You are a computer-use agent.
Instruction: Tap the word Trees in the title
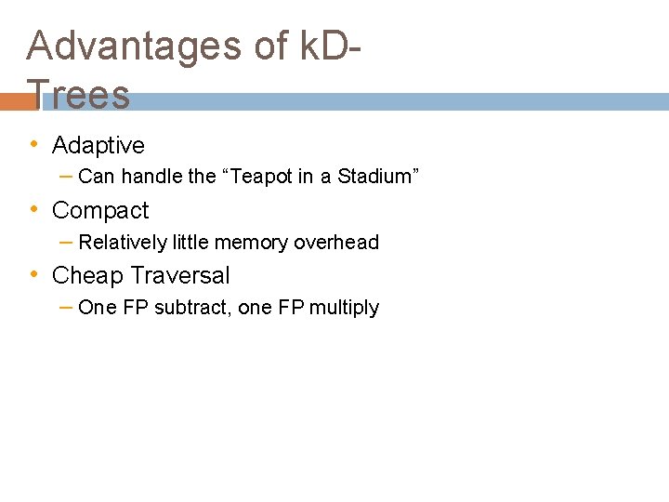coord(79,94)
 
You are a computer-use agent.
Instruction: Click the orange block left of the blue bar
coord(13,101)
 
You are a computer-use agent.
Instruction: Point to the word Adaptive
coord(98,146)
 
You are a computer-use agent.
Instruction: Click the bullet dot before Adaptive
coord(34,145)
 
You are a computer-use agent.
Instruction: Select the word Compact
coord(100,211)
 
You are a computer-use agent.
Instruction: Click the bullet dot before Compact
coord(34,210)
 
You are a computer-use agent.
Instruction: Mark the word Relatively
coord(124,243)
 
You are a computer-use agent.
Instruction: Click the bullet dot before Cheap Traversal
coord(34,275)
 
